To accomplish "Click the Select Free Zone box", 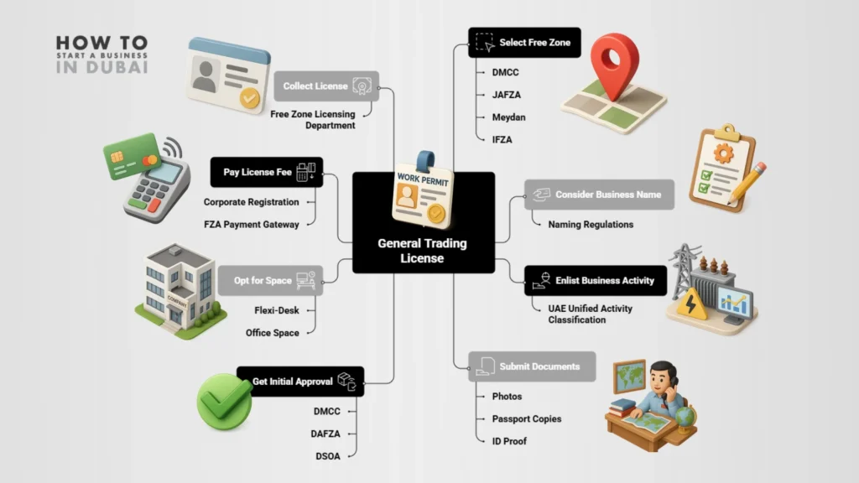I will pos(524,43).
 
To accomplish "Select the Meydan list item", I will pos(509,117).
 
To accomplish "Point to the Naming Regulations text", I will pos(591,225).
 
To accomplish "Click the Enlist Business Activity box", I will pos(596,281).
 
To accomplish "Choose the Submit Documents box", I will pos(532,366).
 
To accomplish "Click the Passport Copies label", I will pos(527,418).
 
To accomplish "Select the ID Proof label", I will pos(509,441).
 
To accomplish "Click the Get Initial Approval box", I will pos(300,382).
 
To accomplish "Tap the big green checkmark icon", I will pos(224,402).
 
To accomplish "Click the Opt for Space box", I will pos(270,281).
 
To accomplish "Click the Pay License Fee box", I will pos(266,173).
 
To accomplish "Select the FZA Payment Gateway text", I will pos(251,224).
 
